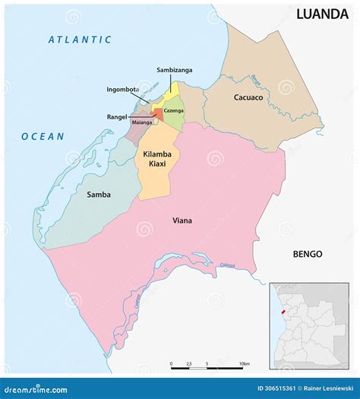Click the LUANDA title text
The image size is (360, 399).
point(322,13)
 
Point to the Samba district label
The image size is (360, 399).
point(98,195)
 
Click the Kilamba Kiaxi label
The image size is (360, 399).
point(157,158)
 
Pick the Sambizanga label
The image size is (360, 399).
point(174,70)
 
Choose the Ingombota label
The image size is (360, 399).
point(122,90)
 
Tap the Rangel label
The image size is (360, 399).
point(116,117)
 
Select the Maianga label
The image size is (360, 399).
point(142,122)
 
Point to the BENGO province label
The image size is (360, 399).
point(308,254)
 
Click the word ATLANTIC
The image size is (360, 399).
point(80,40)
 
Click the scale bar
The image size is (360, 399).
point(207,366)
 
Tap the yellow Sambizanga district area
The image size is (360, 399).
point(174,90)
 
